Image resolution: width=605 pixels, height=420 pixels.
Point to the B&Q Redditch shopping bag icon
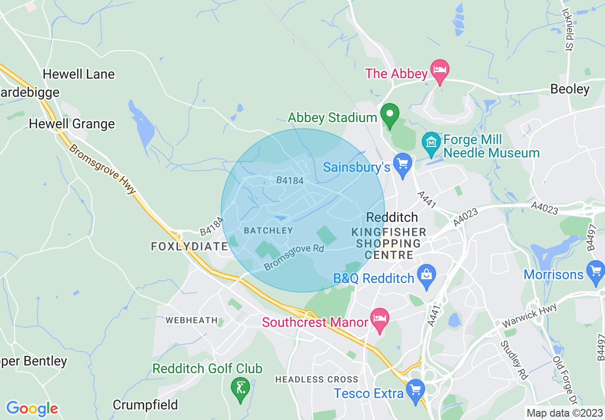click(x=426, y=275)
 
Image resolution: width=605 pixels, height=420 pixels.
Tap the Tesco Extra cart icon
click(x=416, y=389)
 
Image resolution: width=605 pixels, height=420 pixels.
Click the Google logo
click(x=32, y=409)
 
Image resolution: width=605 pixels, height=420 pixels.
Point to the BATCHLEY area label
click(x=268, y=231)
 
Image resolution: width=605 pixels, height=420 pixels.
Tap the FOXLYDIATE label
click(x=189, y=246)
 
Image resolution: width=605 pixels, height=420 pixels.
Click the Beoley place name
click(x=570, y=89)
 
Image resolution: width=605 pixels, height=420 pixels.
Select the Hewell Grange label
click(x=72, y=124)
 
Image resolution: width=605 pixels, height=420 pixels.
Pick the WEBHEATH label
click(x=192, y=320)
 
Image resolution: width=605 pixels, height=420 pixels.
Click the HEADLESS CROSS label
click(x=316, y=379)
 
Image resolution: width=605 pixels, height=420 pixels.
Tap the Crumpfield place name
click(x=145, y=405)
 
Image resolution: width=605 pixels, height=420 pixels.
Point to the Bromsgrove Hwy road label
click(x=102, y=169)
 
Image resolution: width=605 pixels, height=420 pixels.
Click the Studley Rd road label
click(x=515, y=361)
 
